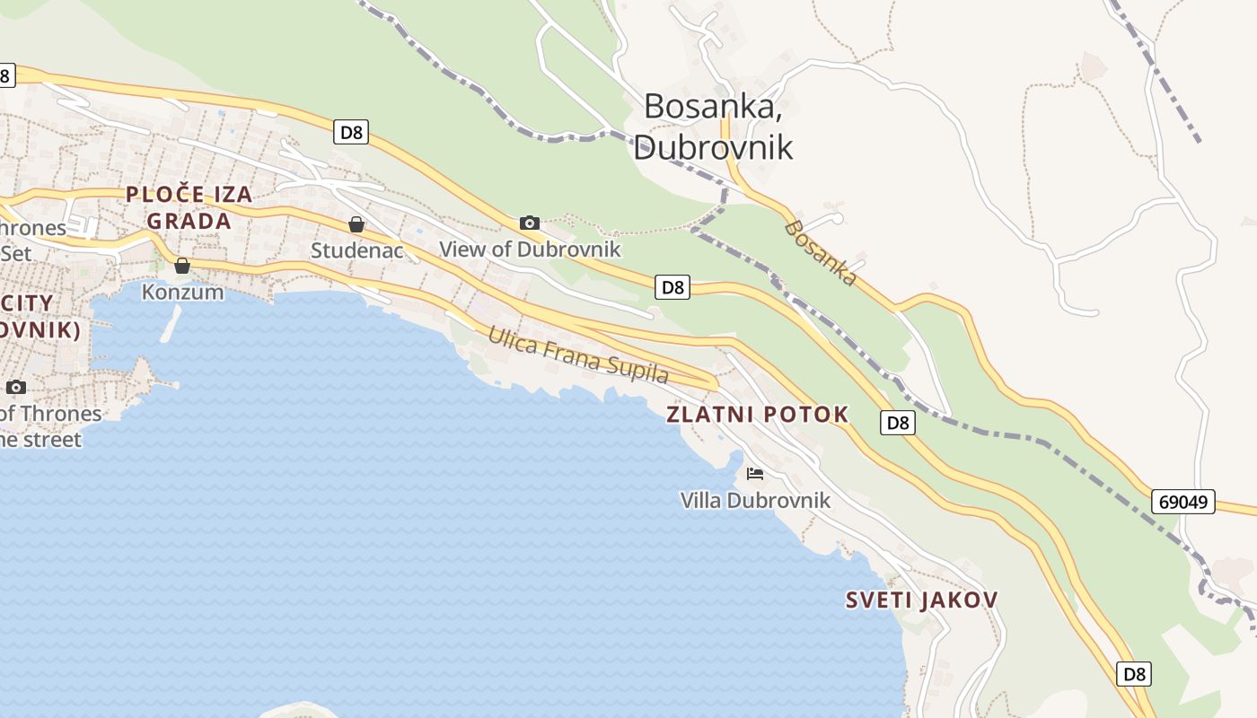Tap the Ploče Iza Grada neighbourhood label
coord(189,207)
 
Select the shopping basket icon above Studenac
coord(356,224)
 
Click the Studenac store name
coord(356,250)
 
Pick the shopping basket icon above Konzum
coord(182,266)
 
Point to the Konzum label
coord(182,292)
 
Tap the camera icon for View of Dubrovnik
coord(530,223)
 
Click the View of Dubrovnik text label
coord(530,249)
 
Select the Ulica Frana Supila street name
coord(578,355)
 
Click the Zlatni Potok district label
coord(757,414)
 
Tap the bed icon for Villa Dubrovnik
coord(755,473)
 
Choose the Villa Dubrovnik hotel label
coord(755,500)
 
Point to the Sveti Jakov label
coord(921,600)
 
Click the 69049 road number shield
coord(1182,502)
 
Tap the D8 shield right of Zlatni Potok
coord(898,423)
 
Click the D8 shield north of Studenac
coord(351,133)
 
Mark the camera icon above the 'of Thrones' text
coord(16,388)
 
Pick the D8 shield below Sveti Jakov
coord(1134,673)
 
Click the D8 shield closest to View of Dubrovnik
coord(672,287)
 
